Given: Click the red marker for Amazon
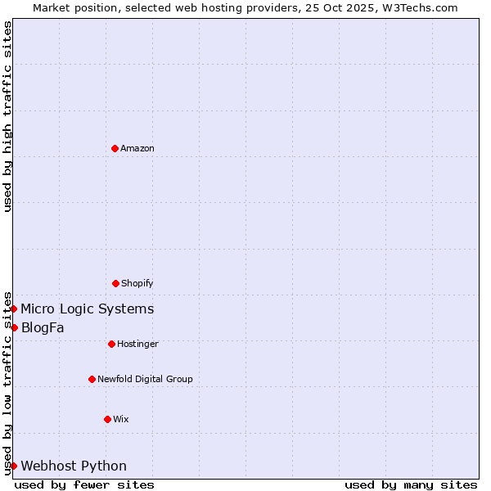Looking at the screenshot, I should pyautogui.click(x=115, y=148).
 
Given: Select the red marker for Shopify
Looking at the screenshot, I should pyautogui.click(x=115, y=283).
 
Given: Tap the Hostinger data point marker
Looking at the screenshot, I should pyautogui.click(x=111, y=344).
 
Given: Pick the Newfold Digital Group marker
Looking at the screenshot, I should pyautogui.click(x=92, y=379).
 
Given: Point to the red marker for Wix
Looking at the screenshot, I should pyautogui.click(x=107, y=419).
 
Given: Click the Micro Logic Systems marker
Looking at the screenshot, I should pyautogui.click(x=14, y=309).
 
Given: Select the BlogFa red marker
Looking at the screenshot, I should pyautogui.click(x=14, y=327).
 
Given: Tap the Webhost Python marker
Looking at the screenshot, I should pyautogui.click(x=14, y=466).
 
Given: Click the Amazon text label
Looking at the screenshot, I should pyautogui.click(x=137, y=148).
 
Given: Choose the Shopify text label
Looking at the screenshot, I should pyautogui.click(x=137, y=283).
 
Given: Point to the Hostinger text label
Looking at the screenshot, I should pyautogui.click(x=137, y=344).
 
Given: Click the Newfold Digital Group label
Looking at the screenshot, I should pyautogui.click(x=145, y=379).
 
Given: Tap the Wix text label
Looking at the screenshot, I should pyautogui.click(x=121, y=419).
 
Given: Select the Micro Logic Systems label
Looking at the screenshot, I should pyautogui.click(x=87, y=309).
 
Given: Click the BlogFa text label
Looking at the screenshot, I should pyautogui.click(x=43, y=327).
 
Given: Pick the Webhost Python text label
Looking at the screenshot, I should pyautogui.click(x=74, y=466).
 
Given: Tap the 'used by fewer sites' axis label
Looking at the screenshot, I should pyautogui.click(x=84, y=484).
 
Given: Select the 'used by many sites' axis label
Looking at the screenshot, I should pyautogui.click(x=411, y=484).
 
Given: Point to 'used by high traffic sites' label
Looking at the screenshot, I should pyautogui.click(x=7, y=116).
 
